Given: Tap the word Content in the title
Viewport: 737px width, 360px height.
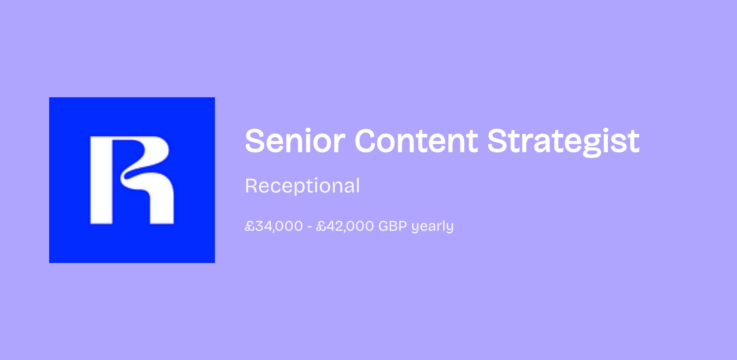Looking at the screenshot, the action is tap(416, 140).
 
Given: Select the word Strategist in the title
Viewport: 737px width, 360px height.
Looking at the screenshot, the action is tap(563, 142).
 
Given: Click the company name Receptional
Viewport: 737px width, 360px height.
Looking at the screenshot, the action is tap(302, 186).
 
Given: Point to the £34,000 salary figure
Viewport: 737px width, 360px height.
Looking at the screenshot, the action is tap(274, 226).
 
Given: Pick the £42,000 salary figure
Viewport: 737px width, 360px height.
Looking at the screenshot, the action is tap(345, 226).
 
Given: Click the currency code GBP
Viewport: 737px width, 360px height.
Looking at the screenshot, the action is tap(393, 226).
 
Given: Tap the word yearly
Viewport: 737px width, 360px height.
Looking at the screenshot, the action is tap(432, 227).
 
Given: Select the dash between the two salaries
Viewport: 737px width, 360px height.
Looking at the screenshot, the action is tap(310, 227).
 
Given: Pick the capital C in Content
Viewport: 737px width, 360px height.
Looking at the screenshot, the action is tap(367, 140).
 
